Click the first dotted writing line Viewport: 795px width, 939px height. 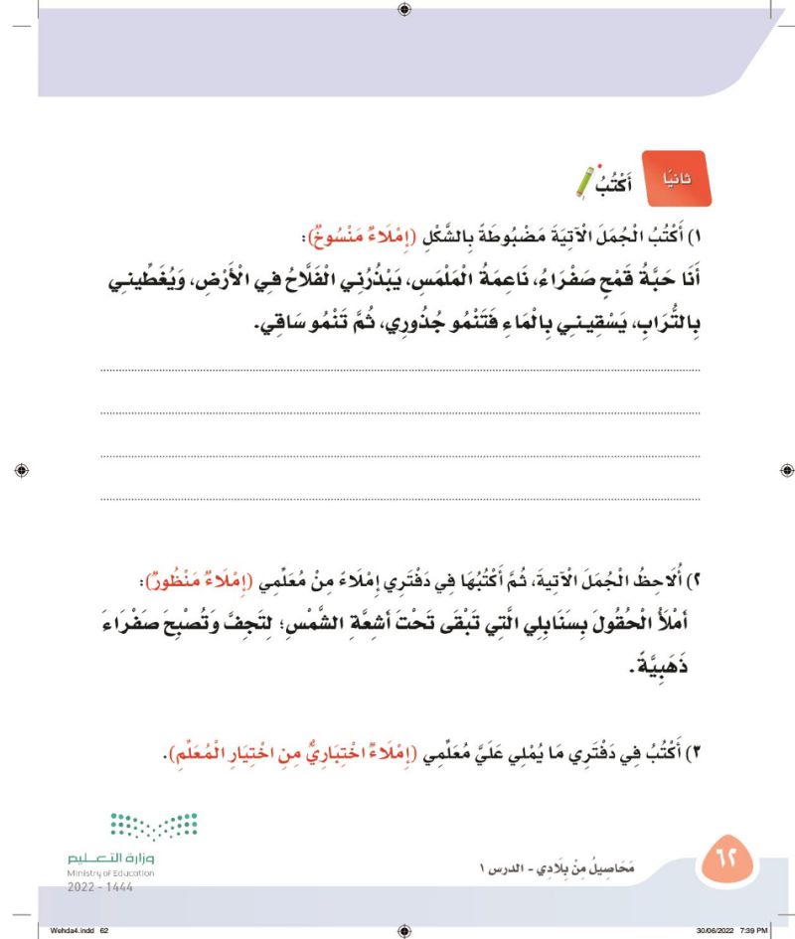(397, 370)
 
